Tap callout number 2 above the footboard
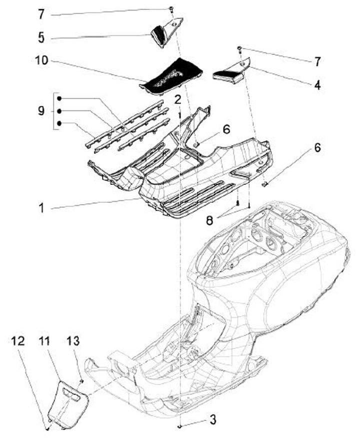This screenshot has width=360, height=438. point(177,100)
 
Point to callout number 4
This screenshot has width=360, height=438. point(317,85)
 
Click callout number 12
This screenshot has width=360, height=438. point(17,342)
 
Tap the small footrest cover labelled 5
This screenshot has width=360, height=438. point(161,35)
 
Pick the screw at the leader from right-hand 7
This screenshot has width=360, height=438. point(239,48)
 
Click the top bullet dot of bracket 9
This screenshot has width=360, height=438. point(59,98)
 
